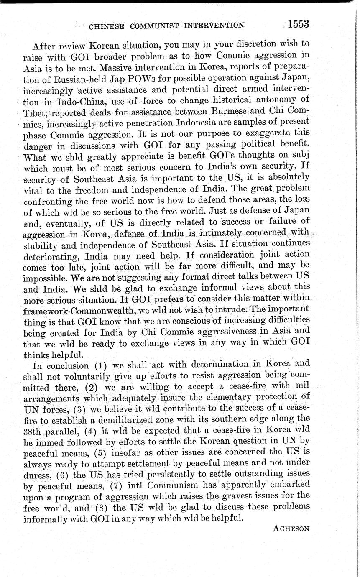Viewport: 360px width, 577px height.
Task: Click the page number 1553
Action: [298, 24]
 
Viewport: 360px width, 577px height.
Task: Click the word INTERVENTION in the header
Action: [214, 26]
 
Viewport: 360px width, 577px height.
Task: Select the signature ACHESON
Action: [291, 528]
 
